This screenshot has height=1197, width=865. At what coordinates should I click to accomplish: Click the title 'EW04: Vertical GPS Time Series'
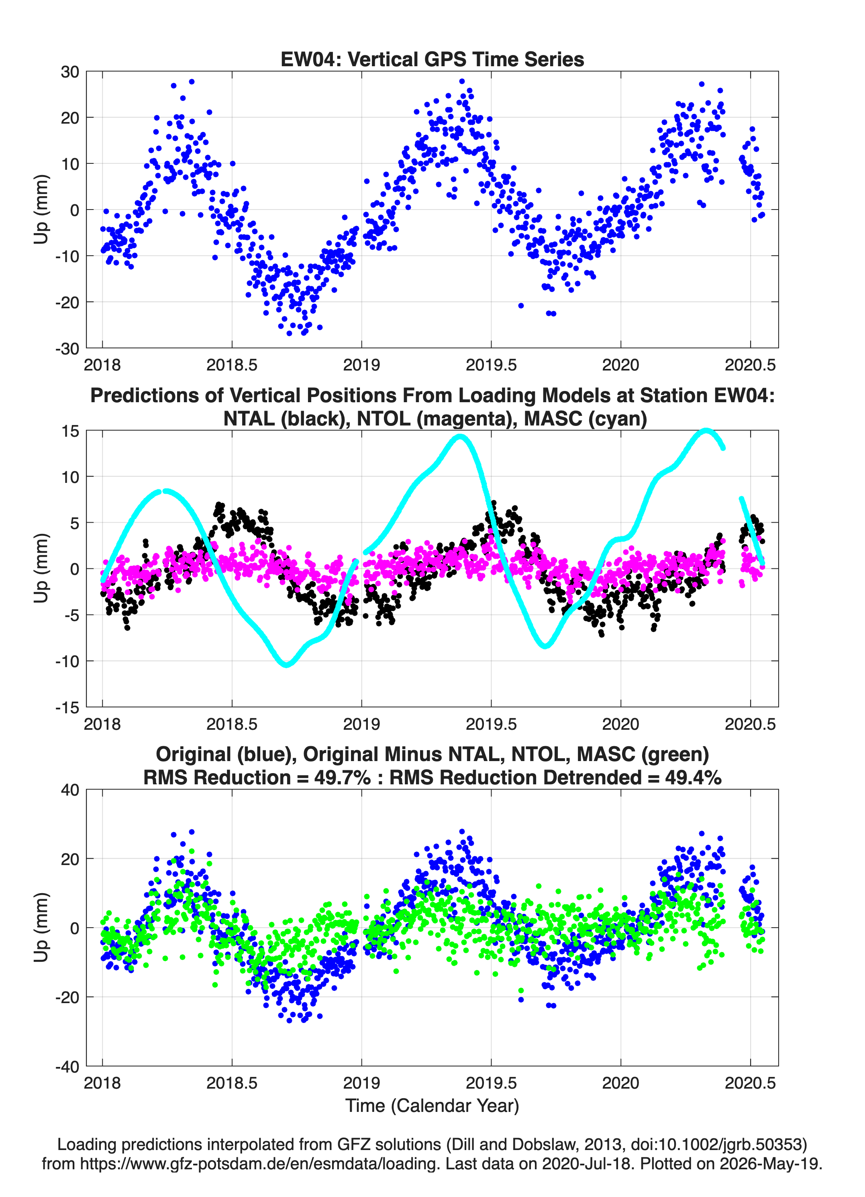point(432,59)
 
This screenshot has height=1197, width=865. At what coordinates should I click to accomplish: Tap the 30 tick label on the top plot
point(70,72)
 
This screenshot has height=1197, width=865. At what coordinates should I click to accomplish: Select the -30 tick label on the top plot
point(67,348)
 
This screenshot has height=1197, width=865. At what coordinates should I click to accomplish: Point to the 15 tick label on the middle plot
point(70,431)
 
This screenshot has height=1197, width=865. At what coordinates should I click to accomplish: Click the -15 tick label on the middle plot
point(67,708)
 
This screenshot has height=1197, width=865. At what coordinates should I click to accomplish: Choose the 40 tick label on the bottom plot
point(70,790)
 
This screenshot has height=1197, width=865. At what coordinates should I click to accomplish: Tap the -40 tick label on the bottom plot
point(67,1067)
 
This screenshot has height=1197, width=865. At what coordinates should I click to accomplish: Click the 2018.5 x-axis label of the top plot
point(232,365)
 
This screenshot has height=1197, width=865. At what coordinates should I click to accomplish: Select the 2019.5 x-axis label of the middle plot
point(491,724)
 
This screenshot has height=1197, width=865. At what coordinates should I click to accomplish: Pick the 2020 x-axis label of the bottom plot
point(620,1083)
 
